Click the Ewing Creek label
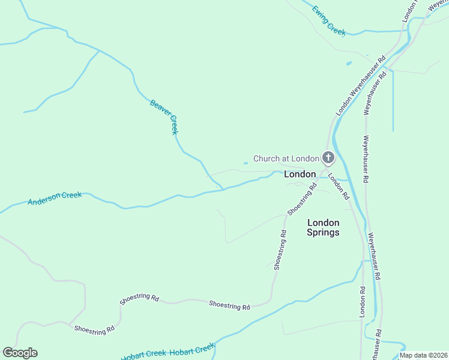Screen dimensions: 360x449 coord(328,21)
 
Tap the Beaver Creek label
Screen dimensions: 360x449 coord(164,117)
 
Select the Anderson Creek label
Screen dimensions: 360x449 coord(55,199)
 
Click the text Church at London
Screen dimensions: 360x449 coord(286,158)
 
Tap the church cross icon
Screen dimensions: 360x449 coord(328,158)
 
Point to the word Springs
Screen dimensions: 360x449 coord(323,232)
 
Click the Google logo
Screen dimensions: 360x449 coord(20,353)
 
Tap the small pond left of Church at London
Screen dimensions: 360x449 coord(245,163)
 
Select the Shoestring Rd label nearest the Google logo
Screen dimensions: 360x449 coord(94,329)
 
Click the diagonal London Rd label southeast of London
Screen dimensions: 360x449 coord(339,188)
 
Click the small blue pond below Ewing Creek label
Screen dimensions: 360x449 coord(349,63)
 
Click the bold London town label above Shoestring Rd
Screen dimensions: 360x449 coord(300,174)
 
